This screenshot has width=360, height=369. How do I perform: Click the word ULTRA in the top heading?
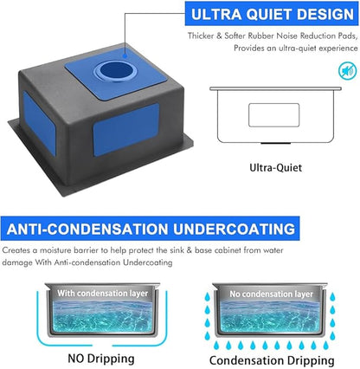tap(216, 14)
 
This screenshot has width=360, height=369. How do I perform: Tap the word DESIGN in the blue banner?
tap(325, 14)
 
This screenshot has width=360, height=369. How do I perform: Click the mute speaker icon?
tap(347, 71)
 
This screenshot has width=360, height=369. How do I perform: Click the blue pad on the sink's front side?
tap(126, 130)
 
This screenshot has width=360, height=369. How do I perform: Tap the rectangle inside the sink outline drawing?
tap(273, 114)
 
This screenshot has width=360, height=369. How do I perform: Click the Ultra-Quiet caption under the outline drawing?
tap(275, 167)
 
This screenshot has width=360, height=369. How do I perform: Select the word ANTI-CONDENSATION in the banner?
tap(87, 229)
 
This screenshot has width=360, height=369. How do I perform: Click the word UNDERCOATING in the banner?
tap(234, 229)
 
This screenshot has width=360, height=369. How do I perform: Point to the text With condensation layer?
tap(102, 294)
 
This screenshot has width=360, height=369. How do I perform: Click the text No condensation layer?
tap(271, 295)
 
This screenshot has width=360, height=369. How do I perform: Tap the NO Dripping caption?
tap(101, 359)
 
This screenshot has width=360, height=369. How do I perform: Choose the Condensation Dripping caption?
tap(272, 360)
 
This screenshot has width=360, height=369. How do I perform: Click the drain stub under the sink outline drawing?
tap(275, 143)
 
